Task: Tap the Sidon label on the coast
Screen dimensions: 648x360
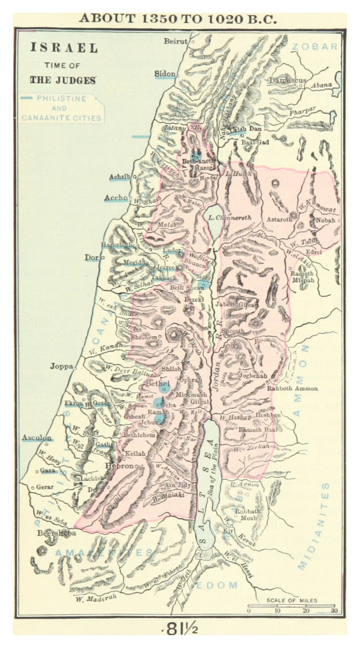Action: [x=165, y=74]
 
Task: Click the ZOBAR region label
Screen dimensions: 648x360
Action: [x=314, y=46]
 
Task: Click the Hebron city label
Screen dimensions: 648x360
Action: [x=119, y=465]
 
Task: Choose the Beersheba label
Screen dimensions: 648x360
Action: [x=57, y=533]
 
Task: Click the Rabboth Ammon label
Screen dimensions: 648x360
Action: [x=292, y=388]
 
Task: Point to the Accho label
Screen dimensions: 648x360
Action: [x=116, y=198]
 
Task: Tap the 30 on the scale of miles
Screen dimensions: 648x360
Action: [x=333, y=610]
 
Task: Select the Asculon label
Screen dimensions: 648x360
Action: [x=37, y=438]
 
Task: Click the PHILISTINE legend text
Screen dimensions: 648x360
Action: [x=61, y=99]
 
